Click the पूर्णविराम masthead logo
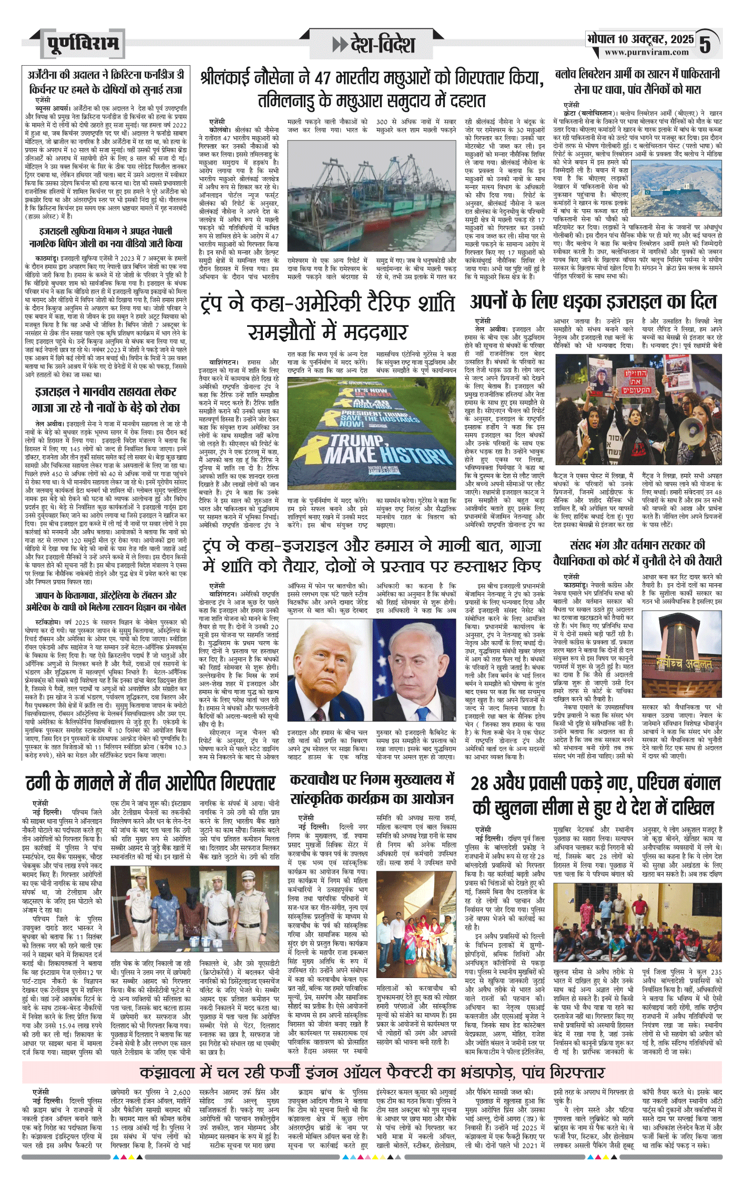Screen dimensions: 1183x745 coord(83,43)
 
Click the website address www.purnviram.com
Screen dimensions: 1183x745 coord(646,53)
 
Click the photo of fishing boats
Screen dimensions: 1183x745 coord(371,194)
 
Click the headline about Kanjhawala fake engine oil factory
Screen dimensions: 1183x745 coord(372,1057)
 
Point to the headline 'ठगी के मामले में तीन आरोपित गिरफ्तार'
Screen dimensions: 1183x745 coord(151,784)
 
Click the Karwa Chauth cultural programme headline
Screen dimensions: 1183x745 coord(372,789)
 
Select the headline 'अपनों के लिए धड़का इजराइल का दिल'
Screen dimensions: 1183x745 coord(594,302)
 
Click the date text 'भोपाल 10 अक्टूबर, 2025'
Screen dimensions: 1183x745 coord(640,39)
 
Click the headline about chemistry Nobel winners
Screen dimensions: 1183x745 coord(106,602)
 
